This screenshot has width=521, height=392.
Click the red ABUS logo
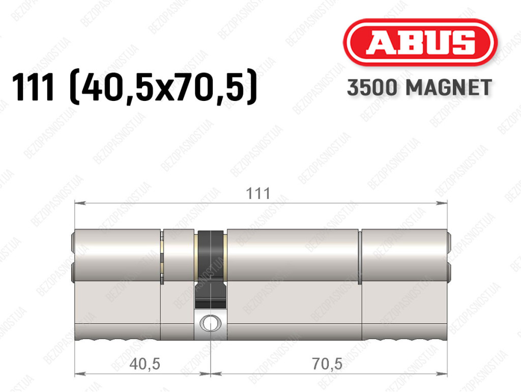[420, 42]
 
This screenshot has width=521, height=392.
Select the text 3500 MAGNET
[419, 88]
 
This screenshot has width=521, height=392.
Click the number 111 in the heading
[33, 88]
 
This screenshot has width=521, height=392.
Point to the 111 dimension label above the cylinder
[258, 194]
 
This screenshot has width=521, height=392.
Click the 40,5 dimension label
[145, 364]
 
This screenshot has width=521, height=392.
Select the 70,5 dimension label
[327, 364]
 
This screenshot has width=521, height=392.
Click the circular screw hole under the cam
[210, 322]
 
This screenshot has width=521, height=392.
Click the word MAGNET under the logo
[449, 88]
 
